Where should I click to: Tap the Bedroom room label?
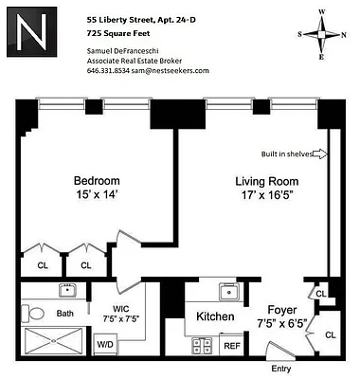tap(97, 181)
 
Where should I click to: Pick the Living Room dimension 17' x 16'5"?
tap(266, 197)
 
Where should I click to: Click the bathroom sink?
tap(68, 290)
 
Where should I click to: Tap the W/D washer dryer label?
tap(102, 344)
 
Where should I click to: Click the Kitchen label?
tap(216, 316)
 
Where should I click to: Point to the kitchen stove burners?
tap(203, 344)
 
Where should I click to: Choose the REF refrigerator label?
tap(232, 345)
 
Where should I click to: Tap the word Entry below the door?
tap(281, 369)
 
